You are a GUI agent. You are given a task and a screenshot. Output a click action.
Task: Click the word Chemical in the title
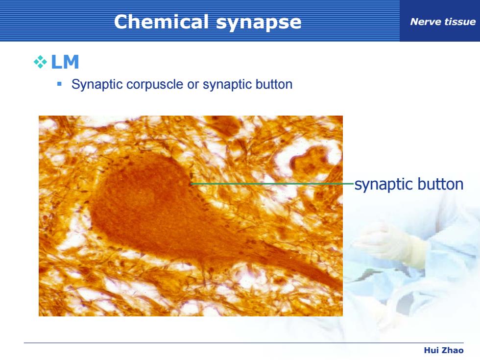(161, 22)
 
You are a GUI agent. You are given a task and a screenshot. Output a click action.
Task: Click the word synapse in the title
(259, 23)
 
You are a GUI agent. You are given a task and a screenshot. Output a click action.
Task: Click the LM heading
(65, 62)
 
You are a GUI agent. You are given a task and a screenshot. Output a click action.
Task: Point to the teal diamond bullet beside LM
(40, 62)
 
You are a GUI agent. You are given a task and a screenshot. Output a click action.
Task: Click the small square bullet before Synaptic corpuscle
(59, 84)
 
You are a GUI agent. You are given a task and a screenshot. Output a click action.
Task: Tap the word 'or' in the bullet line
(193, 85)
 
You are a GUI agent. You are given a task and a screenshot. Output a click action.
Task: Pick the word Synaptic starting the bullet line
(97, 85)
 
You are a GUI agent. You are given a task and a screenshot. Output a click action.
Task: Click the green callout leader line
(272, 184)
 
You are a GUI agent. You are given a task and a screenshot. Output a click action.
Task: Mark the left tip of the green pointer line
(191, 184)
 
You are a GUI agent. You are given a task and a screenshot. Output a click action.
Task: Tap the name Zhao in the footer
(453, 350)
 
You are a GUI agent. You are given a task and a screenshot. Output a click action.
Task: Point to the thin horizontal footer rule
(244, 343)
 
